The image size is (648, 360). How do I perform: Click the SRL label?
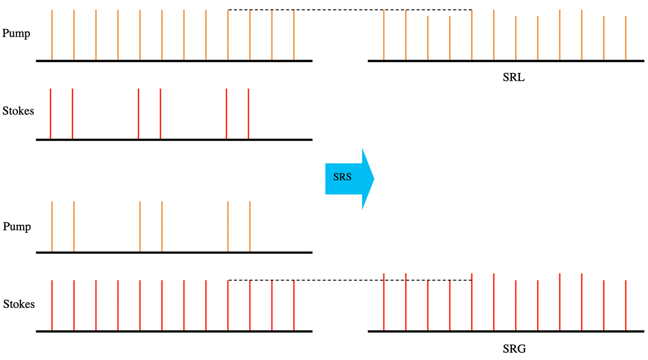514,78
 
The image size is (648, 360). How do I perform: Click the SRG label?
514,349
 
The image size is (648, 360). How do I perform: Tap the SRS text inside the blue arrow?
342,177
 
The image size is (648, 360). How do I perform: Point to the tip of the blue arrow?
374,179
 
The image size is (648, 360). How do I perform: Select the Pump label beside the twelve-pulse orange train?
16,34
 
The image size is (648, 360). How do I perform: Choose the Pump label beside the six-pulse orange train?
17,227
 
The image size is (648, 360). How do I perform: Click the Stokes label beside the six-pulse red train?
18,111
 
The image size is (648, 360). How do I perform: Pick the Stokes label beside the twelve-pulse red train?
19,304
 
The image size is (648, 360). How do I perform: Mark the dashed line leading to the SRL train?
350,10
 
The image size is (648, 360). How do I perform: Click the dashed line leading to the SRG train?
350,280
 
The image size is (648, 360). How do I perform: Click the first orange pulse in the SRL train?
384,36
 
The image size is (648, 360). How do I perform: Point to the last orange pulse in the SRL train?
626,38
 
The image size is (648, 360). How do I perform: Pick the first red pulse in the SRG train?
384,302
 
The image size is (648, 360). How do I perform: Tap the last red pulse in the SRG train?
626,305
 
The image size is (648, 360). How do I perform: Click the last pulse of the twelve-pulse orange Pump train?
294,36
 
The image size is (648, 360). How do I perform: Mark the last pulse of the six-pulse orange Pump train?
250,227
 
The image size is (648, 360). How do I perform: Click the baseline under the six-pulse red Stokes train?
174,140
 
